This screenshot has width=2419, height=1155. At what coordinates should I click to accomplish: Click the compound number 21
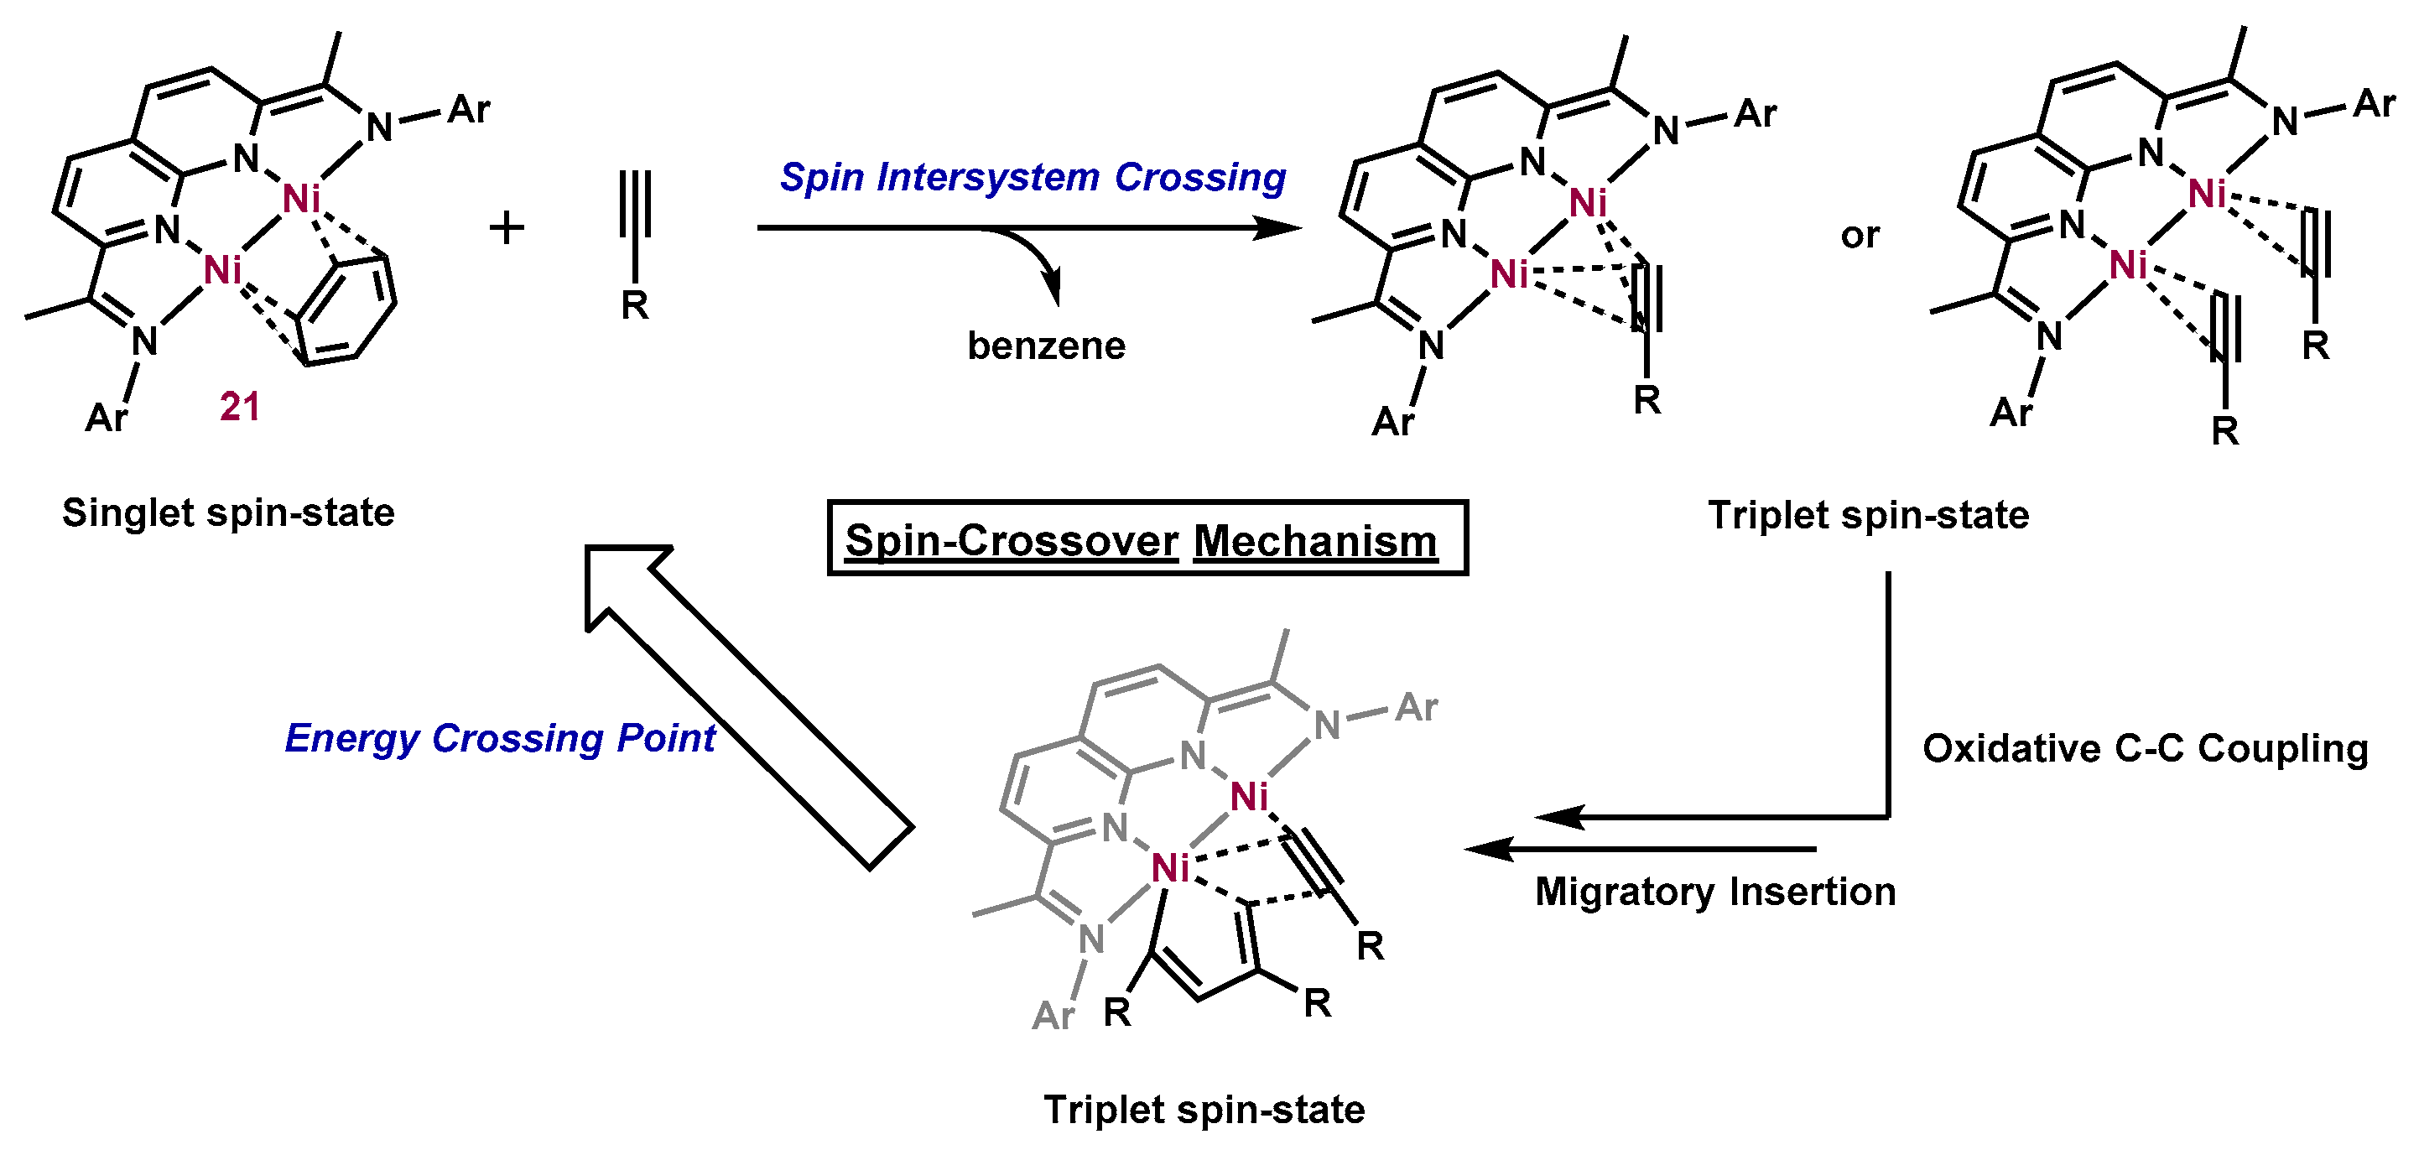[x=239, y=407]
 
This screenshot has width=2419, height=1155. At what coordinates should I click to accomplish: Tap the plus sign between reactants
[x=507, y=228]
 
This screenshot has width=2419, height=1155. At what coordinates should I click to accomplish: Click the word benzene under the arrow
[x=1046, y=346]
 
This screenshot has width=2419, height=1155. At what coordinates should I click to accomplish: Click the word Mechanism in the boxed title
[x=1314, y=542]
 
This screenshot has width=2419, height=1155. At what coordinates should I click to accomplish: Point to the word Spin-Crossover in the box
[x=1012, y=542]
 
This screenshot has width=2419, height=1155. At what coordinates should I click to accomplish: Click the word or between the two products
[x=1860, y=236]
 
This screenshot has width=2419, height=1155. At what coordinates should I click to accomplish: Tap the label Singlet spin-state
[x=228, y=513]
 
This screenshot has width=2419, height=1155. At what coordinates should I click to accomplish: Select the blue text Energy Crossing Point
[x=500, y=739]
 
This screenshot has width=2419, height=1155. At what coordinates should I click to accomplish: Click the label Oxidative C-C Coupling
[x=2145, y=749]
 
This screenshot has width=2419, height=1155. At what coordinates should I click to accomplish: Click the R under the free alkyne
[x=635, y=305]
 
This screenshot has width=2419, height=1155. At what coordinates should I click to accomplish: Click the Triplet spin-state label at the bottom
[x=1204, y=1110]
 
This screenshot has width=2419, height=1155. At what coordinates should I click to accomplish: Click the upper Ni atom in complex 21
[x=301, y=200]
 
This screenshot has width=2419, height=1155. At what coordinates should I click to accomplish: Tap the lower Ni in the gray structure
[x=1171, y=869]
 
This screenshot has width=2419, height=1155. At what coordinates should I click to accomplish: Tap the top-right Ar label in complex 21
[x=469, y=111]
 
